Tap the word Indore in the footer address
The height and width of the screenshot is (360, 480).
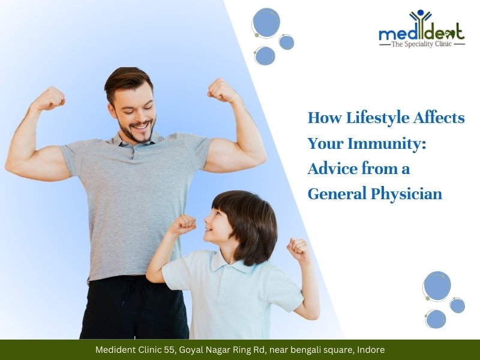pos(370,349)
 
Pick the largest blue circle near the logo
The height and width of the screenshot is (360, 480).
pos(266,23)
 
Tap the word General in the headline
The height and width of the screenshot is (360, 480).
pos(334,194)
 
